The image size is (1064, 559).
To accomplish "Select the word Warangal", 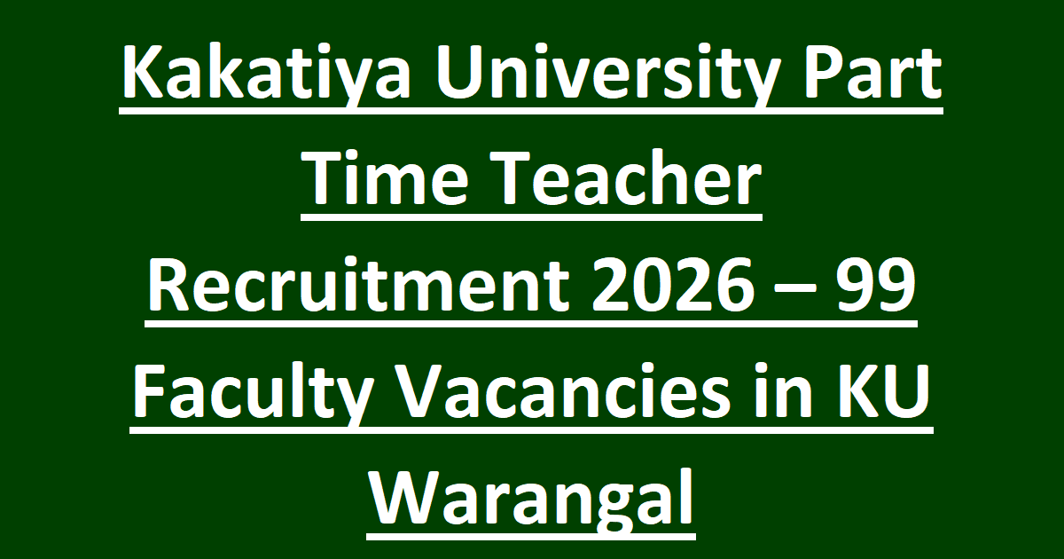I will click(532, 500).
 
